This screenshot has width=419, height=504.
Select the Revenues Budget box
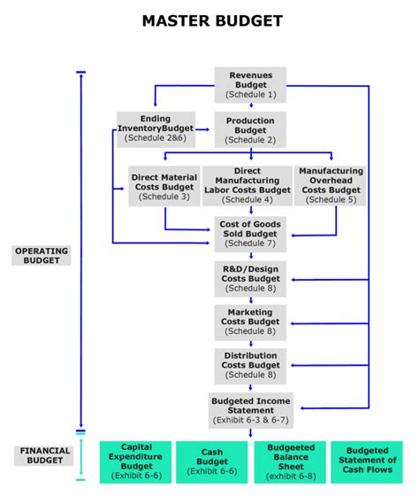[x=250, y=84]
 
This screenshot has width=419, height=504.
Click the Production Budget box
[x=250, y=128]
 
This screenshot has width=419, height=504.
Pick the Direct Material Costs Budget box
[x=164, y=186]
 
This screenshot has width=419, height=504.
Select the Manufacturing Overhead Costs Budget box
[x=331, y=186]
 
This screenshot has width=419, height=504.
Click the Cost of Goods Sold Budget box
[x=250, y=234]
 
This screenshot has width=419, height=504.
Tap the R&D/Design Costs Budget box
[x=250, y=278]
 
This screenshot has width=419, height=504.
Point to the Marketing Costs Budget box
[x=250, y=322]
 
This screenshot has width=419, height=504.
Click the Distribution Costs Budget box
[x=250, y=365]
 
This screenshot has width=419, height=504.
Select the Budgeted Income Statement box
[x=250, y=408]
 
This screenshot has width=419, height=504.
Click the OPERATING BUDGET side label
[x=41, y=255]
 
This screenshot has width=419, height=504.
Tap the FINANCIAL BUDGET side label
[x=41, y=455]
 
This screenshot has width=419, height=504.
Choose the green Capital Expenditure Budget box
[x=136, y=461]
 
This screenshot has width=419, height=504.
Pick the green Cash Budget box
[x=212, y=461]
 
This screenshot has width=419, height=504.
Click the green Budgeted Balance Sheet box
[x=290, y=461]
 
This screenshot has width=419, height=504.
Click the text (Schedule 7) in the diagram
[x=250, y=244]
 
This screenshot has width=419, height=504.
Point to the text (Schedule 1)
[x=250, y=94]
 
